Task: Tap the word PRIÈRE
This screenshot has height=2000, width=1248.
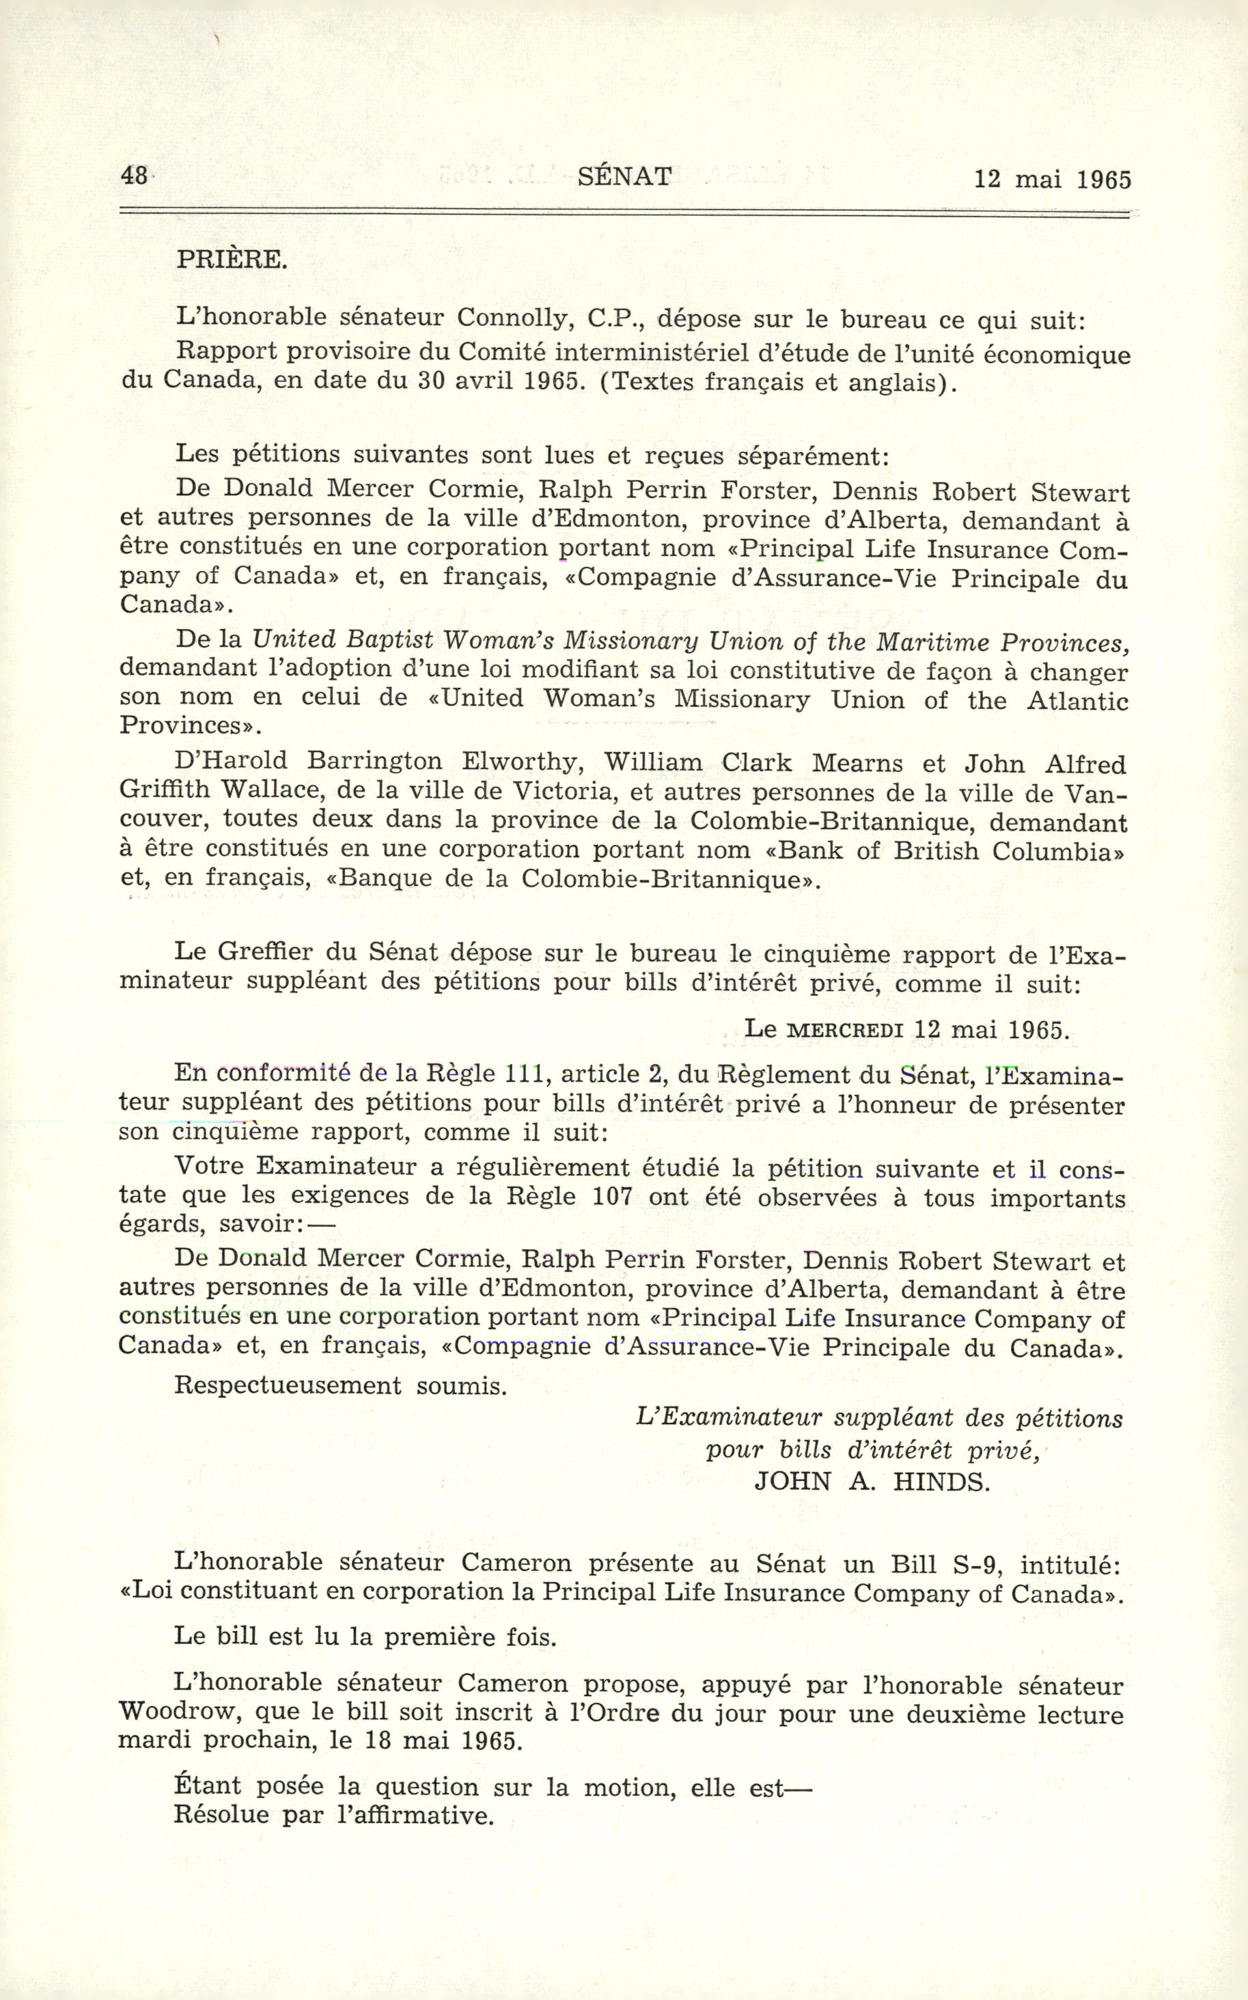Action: pos(231,260)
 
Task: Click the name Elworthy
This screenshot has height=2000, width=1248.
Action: pos(520,763)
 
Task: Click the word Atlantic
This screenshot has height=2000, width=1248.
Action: pos(1078,700)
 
